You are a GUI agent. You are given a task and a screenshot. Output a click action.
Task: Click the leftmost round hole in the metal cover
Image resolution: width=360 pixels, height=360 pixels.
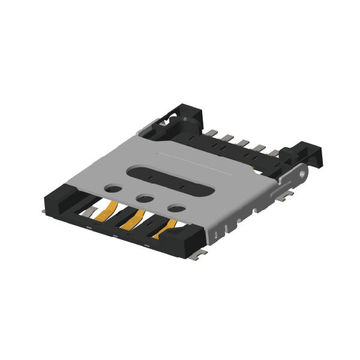pyautogui.click(x=112, y=188)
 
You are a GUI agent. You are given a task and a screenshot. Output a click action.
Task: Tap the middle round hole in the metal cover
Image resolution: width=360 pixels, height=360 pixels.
pyautogui.click(x=144, y=198)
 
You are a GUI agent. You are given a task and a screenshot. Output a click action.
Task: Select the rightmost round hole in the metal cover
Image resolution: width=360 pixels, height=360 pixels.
pyautogui.click(x=176, y=209)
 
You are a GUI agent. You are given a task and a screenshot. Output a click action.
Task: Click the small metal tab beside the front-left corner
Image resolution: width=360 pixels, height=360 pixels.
pyautogui.click(x=44, y=211)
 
